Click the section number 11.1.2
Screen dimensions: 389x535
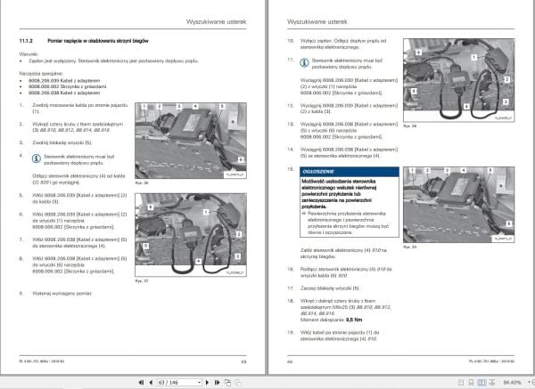point(26,40)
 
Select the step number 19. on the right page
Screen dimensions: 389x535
point(290,336)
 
